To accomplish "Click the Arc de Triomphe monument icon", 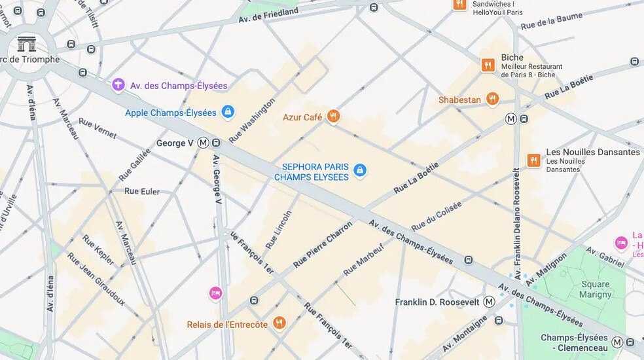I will click(27, 44).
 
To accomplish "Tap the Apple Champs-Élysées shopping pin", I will click(228, 113).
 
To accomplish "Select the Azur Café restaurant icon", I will click(334, 117).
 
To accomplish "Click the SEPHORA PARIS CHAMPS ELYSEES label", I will click(311, 172).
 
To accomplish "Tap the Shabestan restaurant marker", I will click(492, 99).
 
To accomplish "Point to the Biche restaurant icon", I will click(488, 65).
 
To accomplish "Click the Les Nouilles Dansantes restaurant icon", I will click(534, 160).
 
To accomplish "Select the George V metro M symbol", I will click(203, 143).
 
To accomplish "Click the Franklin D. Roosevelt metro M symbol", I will click(489, 302).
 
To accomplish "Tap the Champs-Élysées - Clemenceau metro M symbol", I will click(617, 342).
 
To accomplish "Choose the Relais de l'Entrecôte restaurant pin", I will click(279, 324).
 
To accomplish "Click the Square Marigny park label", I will click(595, 289).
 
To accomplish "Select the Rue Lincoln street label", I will click(278, 228).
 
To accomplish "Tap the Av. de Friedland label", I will click(268, 14).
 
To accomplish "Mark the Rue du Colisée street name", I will click(436, 216).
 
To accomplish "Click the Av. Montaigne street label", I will click(465, 334).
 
